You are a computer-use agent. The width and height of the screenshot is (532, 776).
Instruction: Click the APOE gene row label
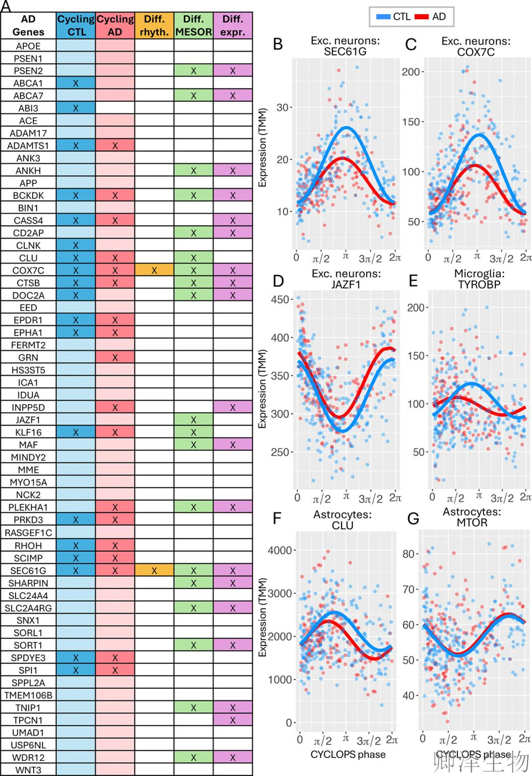coord(28,46)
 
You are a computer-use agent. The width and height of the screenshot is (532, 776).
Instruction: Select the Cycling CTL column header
coord(76,25)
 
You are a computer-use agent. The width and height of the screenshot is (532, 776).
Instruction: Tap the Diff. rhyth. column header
coord(154,25)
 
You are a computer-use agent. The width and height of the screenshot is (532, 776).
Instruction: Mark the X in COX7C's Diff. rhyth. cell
coord(154,271)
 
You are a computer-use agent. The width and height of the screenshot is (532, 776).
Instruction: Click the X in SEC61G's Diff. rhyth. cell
coord(154,570)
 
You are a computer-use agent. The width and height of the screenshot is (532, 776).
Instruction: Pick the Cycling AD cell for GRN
coord(115,358)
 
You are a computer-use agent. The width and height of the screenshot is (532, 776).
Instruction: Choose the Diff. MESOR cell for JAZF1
coord(193,420)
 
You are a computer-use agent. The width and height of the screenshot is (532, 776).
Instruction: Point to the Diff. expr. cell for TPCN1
coord(233,720)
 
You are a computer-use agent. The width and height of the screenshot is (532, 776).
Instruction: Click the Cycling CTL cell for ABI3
coord(76,108)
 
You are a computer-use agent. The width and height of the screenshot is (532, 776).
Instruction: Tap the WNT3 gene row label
coord(28,770)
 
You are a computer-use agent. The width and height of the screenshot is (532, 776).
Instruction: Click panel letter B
coord(278,44)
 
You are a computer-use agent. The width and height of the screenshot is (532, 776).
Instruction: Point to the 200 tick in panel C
coord(411,72)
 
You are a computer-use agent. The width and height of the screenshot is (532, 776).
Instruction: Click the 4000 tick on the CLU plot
coord(280,550)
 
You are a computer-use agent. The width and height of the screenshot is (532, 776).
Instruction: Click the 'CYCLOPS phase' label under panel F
coord(348,754)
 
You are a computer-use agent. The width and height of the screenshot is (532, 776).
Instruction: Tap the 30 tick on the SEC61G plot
coord(283,107)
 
